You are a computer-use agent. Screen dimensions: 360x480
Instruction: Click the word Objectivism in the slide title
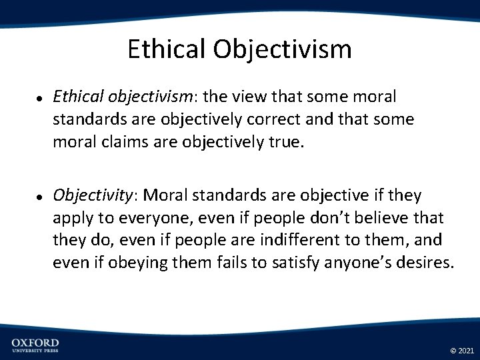point(283,49)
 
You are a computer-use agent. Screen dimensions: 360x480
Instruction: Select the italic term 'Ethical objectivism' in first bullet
point(123,97)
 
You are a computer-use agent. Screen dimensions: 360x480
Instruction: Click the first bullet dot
point(40,98)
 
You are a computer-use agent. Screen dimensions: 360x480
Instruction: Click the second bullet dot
point(40,196)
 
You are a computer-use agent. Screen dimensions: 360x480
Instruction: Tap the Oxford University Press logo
point(35,345)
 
